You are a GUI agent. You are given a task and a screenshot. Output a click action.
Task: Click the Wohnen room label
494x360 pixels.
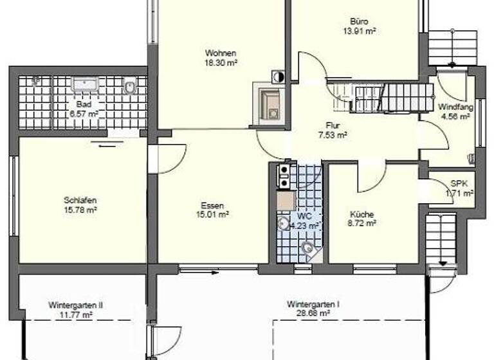click(x=221, y=53)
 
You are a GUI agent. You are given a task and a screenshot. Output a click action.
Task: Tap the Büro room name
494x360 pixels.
click(x=360, y=21)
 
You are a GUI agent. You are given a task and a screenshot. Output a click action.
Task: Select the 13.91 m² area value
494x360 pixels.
click(x=360, y=30)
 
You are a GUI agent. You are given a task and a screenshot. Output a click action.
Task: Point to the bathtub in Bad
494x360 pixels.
click(x=84, y=84)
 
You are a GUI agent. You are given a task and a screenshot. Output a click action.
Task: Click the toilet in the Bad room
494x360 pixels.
click(x=129, y=87)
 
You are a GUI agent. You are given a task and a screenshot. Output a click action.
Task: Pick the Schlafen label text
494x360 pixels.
click(x=80, y=199)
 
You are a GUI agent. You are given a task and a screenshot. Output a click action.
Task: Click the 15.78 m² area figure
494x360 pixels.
click(x=80, y=210)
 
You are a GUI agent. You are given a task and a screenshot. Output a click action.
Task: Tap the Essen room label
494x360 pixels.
click(x=214, y=206)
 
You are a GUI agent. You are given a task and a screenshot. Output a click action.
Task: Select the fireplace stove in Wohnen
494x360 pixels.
click(x=270, y=102)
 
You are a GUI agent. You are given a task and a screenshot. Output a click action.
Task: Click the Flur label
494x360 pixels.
click(x=332, y=126)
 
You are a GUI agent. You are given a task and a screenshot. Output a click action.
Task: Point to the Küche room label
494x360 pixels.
click(x=361, y=215)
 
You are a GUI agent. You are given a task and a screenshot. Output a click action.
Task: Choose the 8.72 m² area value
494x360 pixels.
click(x=362, y=224)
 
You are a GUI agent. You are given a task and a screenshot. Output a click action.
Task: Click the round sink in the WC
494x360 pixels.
click(x=283, y=224)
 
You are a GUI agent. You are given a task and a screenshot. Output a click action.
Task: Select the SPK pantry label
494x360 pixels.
click(x=459, y=183)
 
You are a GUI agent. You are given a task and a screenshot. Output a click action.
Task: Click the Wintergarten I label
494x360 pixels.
click(x=313, y=304)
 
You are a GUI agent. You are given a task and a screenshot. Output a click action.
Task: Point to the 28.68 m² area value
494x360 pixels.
click(x=313, y=314)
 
